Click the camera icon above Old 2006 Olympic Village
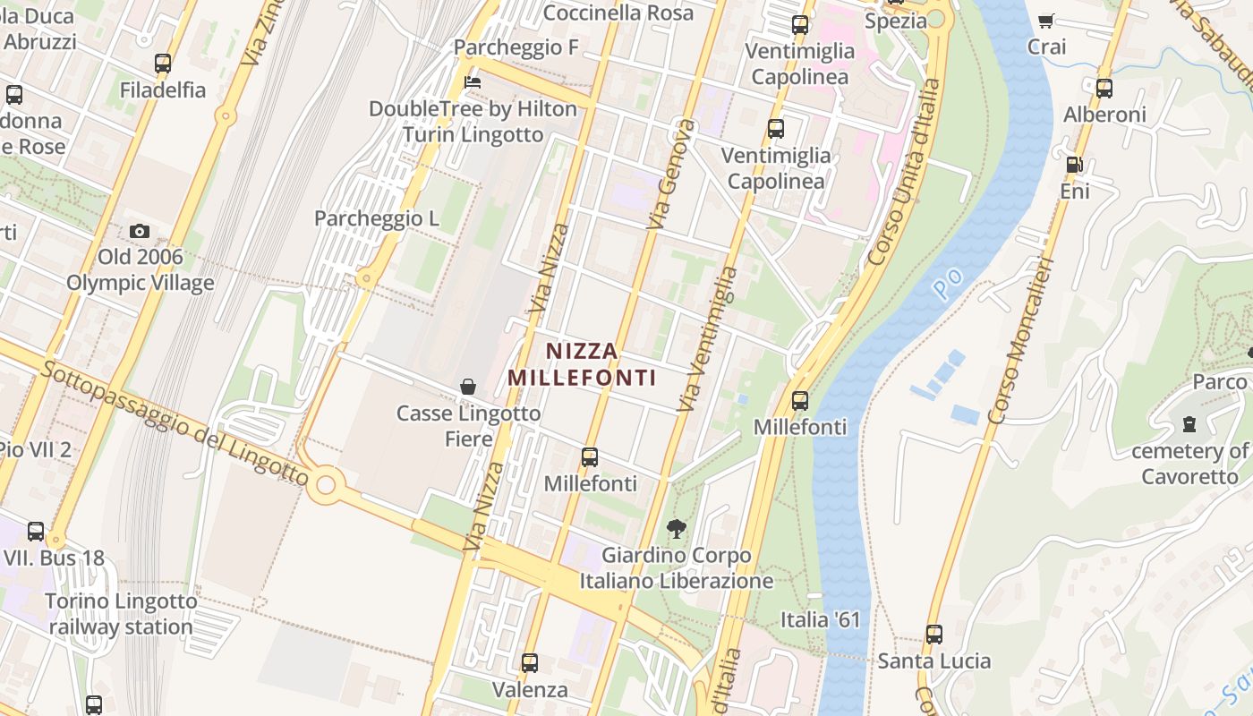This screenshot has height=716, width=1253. (139, 232)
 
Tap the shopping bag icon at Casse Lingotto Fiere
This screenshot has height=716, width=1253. (467, 387)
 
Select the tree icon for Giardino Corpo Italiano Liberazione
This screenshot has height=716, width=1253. (678, 529)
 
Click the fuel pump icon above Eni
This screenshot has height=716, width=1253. (1074, 165)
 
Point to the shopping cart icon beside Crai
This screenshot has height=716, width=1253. (1045, 21)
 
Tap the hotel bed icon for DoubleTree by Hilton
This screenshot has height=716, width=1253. (473, 82)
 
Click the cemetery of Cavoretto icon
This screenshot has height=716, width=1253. (1189, 423)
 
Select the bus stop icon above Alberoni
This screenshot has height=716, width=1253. (1104, 89)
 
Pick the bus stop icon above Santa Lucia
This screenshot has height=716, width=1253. (934, 635)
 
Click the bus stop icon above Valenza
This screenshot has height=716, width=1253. (530, 663)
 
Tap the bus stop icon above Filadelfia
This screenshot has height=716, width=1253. (162, 64)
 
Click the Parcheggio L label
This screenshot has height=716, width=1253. (376, 218)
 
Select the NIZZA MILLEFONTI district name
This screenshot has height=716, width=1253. (582, 364)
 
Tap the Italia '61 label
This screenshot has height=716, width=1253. (820, 619)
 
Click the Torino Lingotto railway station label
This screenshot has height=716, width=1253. (121, 614)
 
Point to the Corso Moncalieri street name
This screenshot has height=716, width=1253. (1020, 342)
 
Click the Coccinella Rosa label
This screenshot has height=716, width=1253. (618, 13)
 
